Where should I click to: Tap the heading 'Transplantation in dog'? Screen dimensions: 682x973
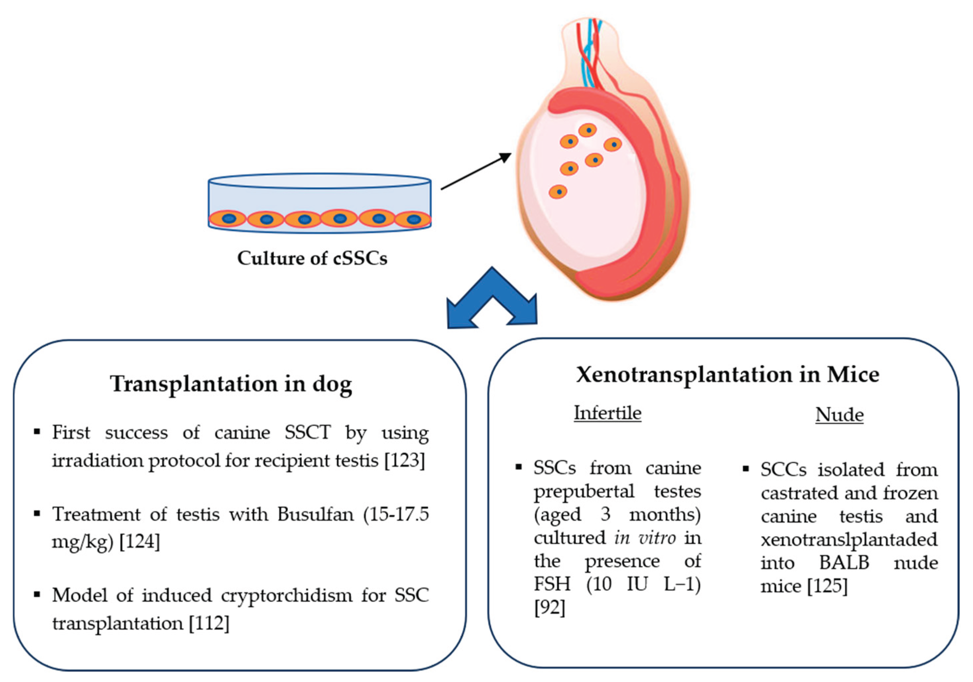[x=231, y=384]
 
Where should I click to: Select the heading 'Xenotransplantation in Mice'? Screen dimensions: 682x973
[x=727, y=375]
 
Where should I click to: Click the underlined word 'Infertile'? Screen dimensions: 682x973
[x=607, y=413]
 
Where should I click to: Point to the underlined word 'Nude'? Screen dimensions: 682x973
[x=839, y=414]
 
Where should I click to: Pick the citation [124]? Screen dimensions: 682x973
[x=140, y=542]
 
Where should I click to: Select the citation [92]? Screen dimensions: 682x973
[x=550, y=608]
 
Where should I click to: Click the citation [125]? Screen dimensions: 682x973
[x=827, y=586]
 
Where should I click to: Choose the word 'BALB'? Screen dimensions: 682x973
[x=844, y=563]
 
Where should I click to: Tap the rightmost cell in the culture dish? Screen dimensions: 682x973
[x=413, y=220]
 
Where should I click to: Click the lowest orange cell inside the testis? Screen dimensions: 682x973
[x=558, y=192]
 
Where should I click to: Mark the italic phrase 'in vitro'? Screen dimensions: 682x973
[x=645, y=538]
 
